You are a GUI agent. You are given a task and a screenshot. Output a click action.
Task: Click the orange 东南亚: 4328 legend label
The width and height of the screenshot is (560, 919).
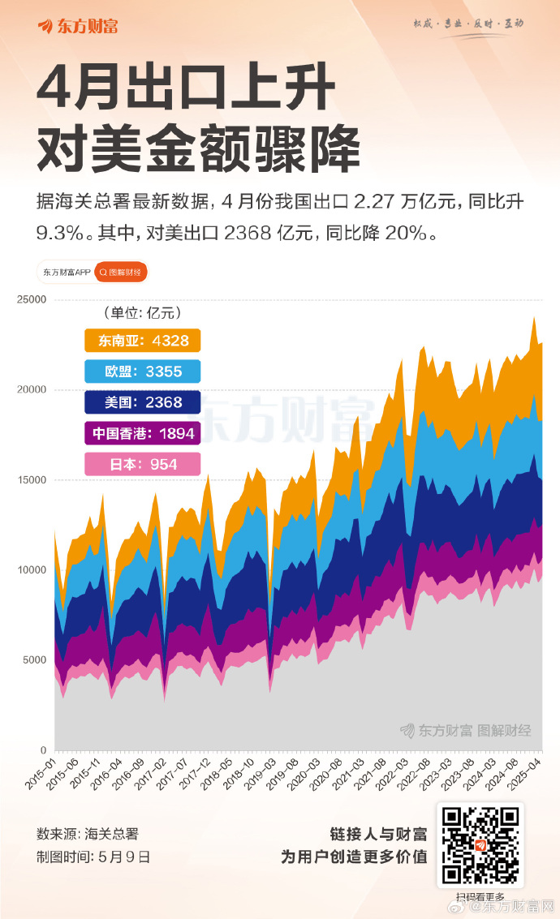pos(143,341)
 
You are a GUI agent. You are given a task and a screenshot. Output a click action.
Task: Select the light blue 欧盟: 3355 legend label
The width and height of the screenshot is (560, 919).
pos(143,371)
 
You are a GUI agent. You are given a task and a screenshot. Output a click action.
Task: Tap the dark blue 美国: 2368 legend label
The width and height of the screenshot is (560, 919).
pos(143,402)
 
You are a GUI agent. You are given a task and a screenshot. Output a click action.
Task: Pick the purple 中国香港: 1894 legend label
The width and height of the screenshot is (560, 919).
pos(143,433)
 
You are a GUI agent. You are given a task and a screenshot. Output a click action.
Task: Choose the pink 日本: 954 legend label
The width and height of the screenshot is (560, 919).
pos(143,464)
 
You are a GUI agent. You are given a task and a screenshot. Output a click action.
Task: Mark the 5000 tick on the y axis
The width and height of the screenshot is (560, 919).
pos(34,660)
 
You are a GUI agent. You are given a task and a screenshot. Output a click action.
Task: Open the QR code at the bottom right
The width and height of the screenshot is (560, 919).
pos(480,845)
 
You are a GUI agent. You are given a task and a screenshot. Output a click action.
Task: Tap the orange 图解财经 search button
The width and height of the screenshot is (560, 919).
pos(121,273)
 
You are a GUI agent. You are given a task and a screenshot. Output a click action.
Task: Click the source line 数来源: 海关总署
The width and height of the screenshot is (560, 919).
pos(87,834)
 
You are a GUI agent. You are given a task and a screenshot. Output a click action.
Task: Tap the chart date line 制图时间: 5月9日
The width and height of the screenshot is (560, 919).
pos(93,857)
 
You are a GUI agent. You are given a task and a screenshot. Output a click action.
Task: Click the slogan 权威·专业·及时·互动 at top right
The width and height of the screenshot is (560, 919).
pos(468,24)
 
